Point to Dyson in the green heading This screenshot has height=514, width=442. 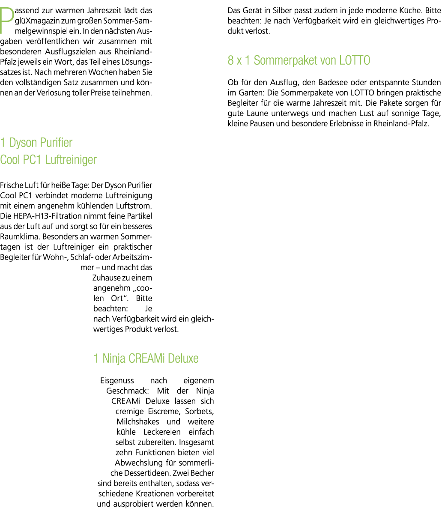click(x=23, y=143)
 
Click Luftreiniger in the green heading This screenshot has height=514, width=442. click(x=71, y=160)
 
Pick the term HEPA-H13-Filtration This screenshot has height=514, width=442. click(x=48, y=216)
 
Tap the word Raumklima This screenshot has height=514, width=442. click(x=20, y=236)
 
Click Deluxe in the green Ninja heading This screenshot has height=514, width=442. click(x=183, y=359)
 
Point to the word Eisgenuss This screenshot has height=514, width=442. click(x=117, y=381)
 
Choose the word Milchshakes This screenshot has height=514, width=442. click(x=138, y=422)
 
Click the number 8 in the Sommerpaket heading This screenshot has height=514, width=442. click(x=230, y=60)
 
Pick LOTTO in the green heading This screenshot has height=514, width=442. click(x=355, y=60)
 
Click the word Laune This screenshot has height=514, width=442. click(x=257, y=114)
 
